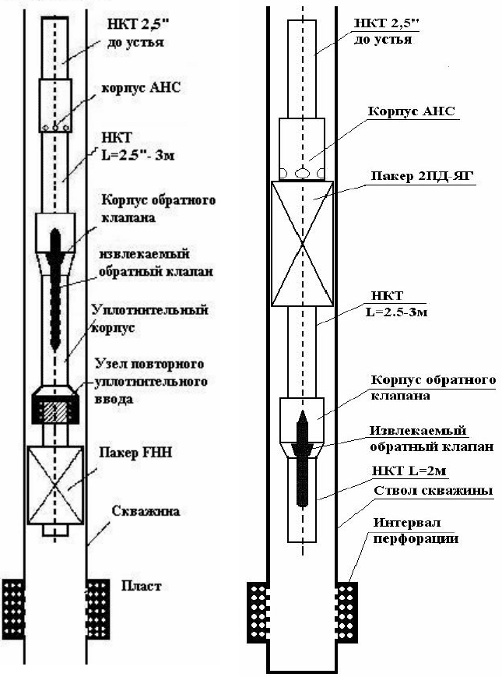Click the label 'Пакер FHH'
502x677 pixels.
pyautogui.click(x=136, y=453)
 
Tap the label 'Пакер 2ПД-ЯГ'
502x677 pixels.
pyautogui.click(x=422, y=177)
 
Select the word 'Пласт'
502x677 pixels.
pyautogui.click(x=142, y=586)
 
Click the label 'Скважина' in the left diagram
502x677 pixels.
pyautogui.click(x=146, y=511)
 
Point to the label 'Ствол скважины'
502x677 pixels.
pyautogui.click(x=433, y=491)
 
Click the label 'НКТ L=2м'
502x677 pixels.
pyautogui.click(x=409, y=471)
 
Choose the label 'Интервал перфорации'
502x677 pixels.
pyautogui.click(x=416, y=531)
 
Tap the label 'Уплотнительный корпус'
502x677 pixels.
pyautogui.click(x=150, y=319)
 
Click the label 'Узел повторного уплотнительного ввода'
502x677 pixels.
pyautogui.click(x=150, y=381)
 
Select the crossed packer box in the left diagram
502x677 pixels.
pyautogui.click(x=55, y=485)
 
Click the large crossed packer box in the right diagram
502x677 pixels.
pyautogui.click(x=302, y=244)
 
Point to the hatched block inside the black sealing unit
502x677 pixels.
pyautogui.click(x=55, y=412)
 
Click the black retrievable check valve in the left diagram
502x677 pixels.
pyautogui.click(x=55, y=289)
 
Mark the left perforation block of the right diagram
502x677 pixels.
pyautogui.click(x=258, y=612)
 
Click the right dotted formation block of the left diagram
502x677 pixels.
pyautogui.click(x=98, y=609)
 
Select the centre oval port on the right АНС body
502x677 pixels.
pyautogui.click(x=302, y=174)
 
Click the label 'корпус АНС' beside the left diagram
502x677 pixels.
pyautogui.click(x=141, y=88)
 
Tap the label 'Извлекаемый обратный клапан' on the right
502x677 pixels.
pyautogui.click(x=431, y=439)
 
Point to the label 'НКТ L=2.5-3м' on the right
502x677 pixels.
pyautogui.click(x=396, y=304)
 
